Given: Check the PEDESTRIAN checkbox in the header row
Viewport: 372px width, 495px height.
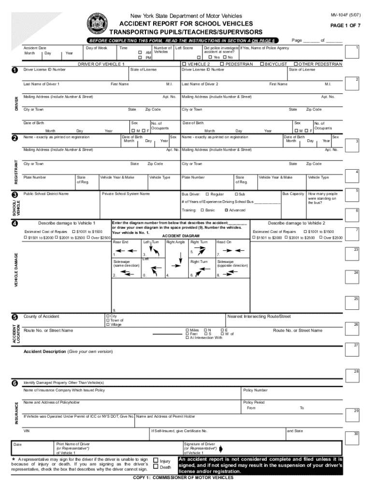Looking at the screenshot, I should pos(221,64).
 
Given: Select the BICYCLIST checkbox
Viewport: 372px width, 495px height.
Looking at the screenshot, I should pos(261,64).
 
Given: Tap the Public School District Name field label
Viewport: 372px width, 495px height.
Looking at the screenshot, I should pos(46,194).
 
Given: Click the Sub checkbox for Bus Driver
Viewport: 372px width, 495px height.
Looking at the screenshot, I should pos(234,194).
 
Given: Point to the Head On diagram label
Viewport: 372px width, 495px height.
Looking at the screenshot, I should pos(224,242).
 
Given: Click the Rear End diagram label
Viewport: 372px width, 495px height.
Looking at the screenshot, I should pos(120,242).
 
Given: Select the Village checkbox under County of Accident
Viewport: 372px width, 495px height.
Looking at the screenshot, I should pos(108,324).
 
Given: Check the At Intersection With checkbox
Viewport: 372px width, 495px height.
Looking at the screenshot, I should pos(187,338).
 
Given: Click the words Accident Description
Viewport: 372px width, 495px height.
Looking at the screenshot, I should pos(44,351).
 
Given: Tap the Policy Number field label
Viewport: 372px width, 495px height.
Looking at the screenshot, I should pos(255,390).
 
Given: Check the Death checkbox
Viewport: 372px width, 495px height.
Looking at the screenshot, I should pos(156,467).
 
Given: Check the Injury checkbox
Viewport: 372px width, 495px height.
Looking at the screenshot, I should pos(156,461).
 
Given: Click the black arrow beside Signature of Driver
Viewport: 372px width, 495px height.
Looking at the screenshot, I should pos(220,448).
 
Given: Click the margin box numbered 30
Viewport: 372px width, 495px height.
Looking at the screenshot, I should pos(356,434).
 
